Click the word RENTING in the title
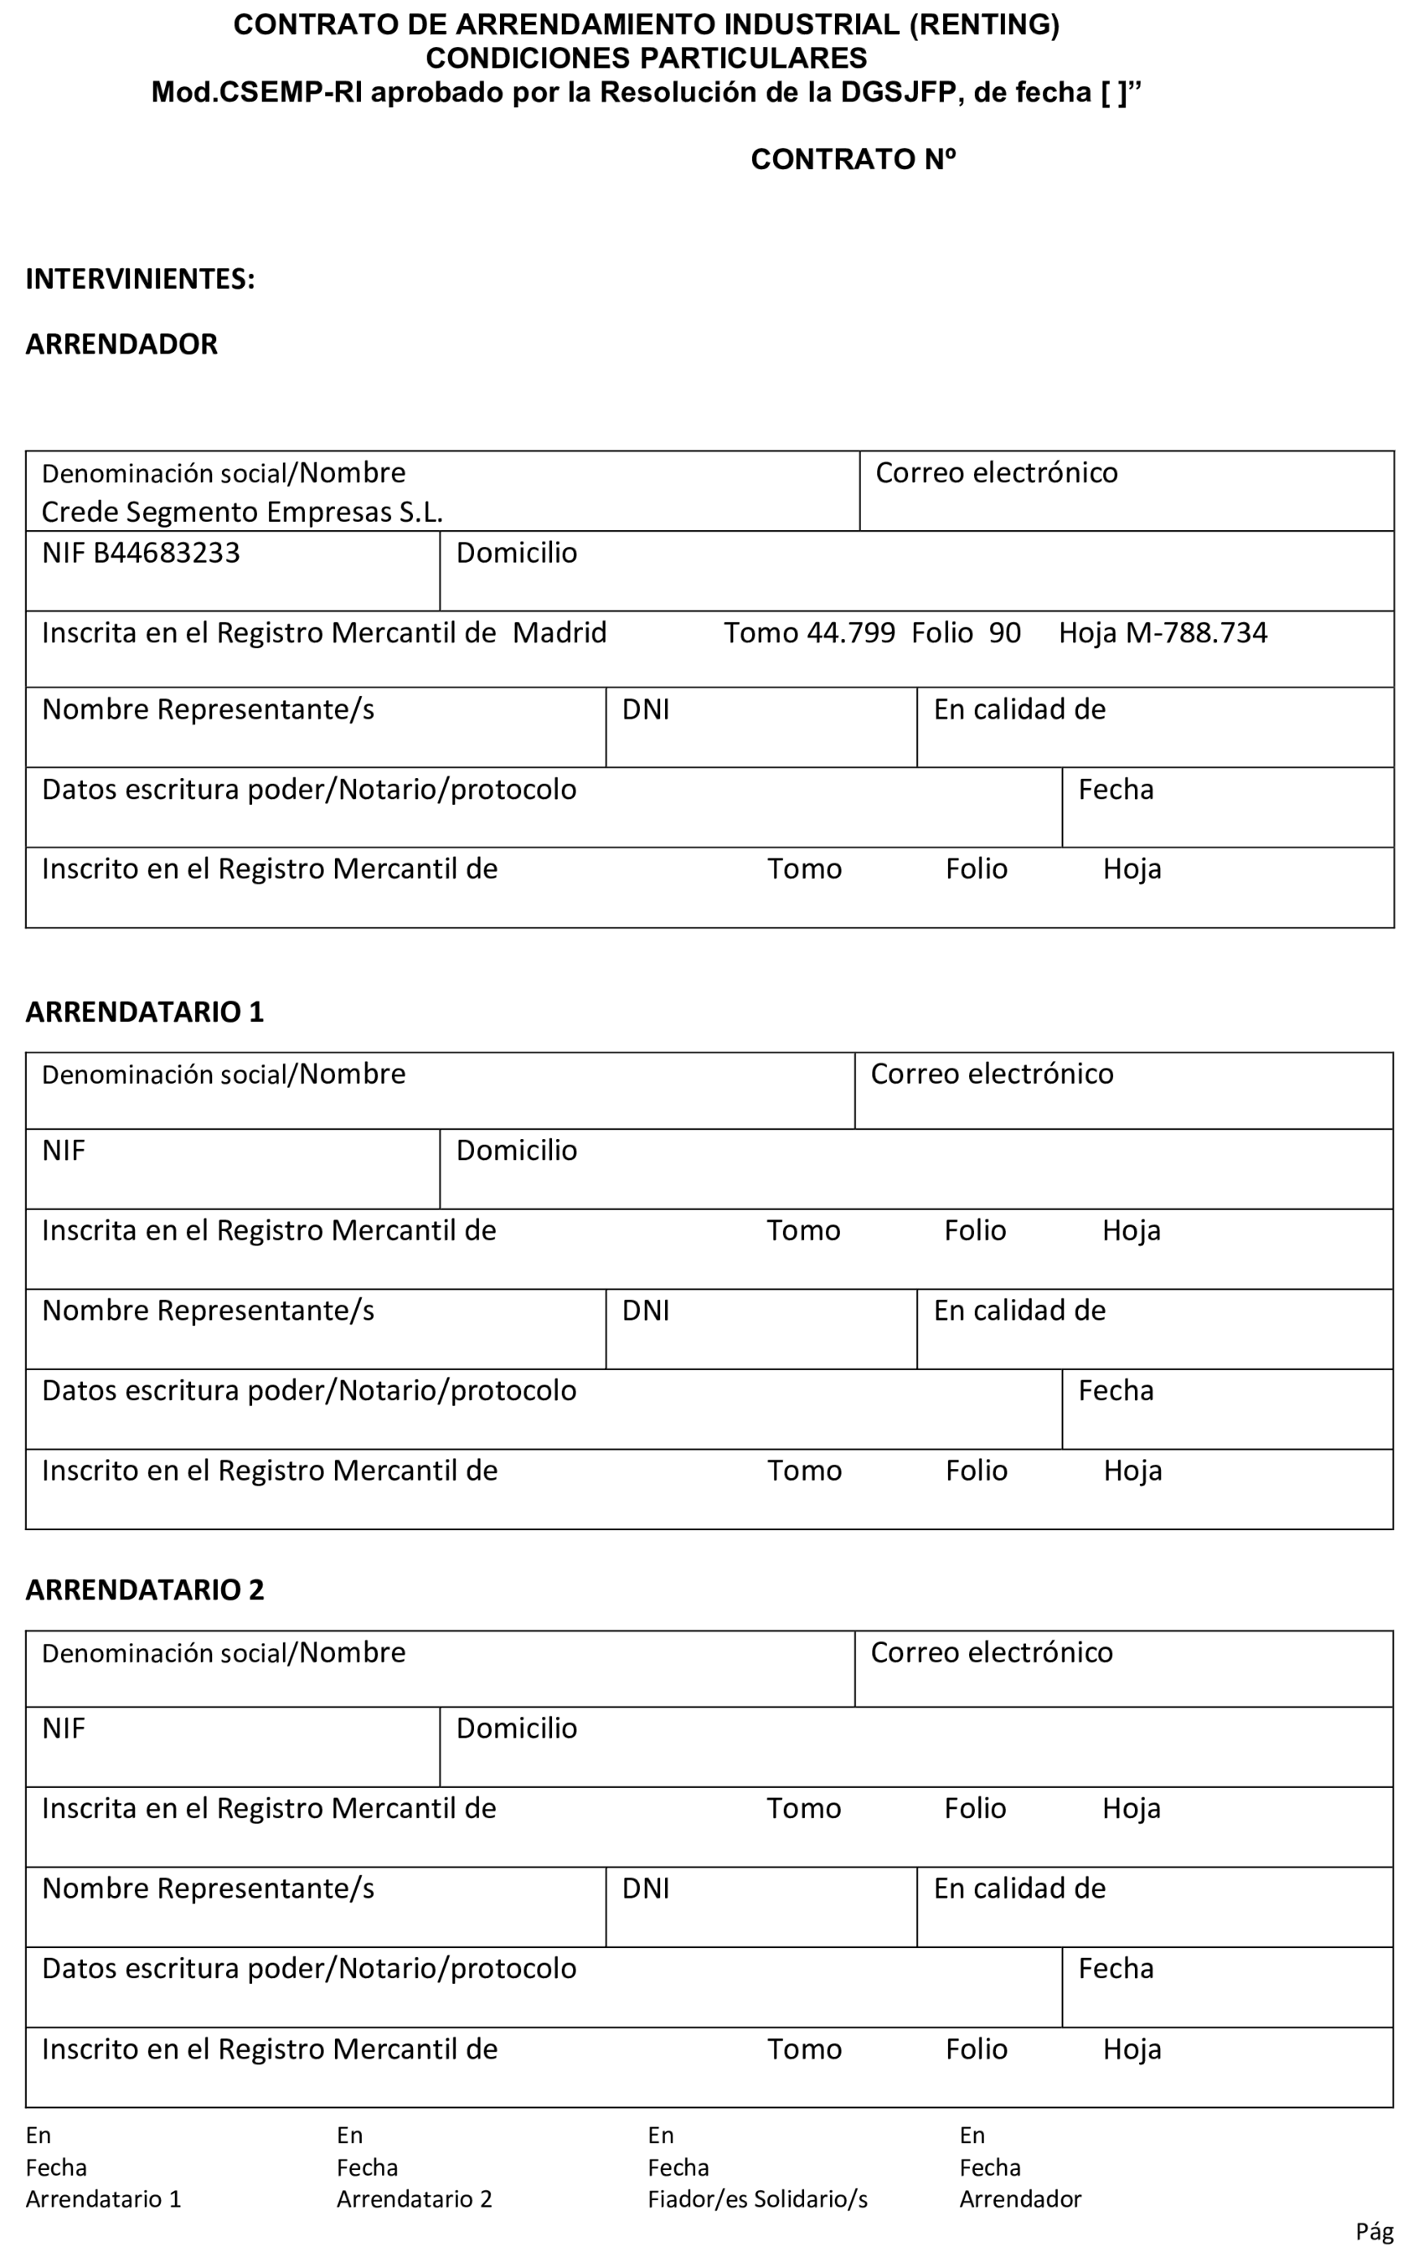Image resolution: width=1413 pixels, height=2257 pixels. [984, 25]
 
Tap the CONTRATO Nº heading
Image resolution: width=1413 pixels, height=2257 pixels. [852, 160]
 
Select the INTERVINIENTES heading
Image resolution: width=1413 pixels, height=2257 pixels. [140, 279]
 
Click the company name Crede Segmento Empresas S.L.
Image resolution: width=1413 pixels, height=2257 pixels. [242, 512]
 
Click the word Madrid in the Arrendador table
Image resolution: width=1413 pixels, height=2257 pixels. [560, 633]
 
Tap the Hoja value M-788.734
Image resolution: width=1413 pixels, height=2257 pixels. [1196, 633]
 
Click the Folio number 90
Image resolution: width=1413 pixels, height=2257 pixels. [1005, 633]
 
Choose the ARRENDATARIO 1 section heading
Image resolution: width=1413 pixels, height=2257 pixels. [145, 1011]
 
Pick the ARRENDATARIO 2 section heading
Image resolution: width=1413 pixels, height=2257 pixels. [145, 1589]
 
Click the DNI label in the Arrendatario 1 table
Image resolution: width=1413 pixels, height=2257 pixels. [646, 1311]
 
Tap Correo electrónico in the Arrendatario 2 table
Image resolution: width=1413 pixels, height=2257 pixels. [992, 1652]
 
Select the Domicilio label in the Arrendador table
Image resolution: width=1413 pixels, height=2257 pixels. [516, 553]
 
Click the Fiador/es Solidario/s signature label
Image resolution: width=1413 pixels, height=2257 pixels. [757, 2199]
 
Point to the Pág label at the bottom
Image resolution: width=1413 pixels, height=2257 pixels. [1375, 2232]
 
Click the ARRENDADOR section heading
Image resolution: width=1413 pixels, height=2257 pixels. [121, 344]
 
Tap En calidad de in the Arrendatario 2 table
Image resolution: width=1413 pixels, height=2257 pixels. [1020, 1889]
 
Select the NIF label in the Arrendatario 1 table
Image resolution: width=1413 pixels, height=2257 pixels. [63, 1150]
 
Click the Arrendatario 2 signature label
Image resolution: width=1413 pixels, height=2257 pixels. [414, 2199]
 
